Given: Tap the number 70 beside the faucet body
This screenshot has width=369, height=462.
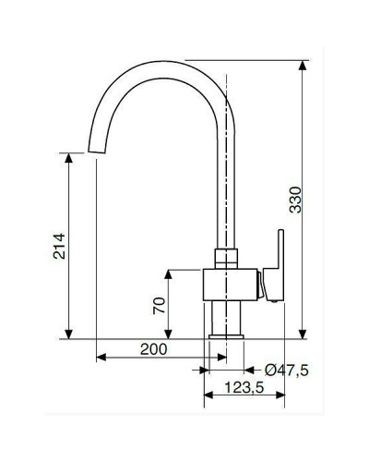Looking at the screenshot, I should pos(159,305).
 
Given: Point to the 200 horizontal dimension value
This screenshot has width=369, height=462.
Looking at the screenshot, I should pos(154,349).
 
